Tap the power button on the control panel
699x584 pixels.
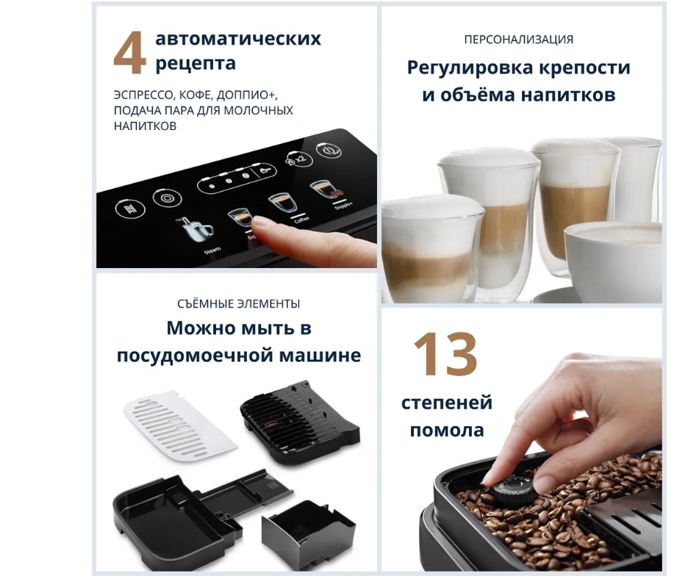point(328,151)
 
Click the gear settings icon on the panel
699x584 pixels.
point(167,198)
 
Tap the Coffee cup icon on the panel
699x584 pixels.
point(283,203)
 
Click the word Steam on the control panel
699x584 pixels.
point(212,250)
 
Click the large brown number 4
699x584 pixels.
point(129,52)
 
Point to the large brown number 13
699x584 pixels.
point(445,354)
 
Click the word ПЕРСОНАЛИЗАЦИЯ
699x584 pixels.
point(518,40)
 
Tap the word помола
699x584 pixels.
point(447,430)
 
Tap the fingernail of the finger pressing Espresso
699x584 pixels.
point(261,221)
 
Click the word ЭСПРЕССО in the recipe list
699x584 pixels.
point(143,95)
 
